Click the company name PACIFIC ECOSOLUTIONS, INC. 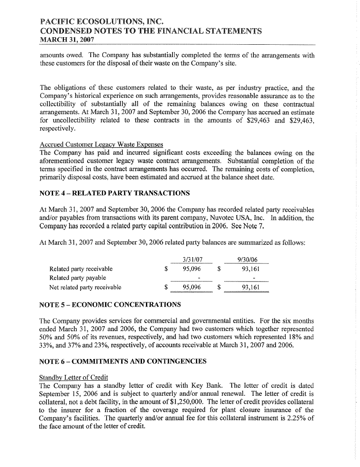(x=96, y=21)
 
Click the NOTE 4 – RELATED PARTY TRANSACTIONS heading (x=115, y=193)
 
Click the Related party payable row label (x=77, y=278)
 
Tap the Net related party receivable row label (x=85, y=287)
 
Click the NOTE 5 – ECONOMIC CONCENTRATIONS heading (x=110, y=305)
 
